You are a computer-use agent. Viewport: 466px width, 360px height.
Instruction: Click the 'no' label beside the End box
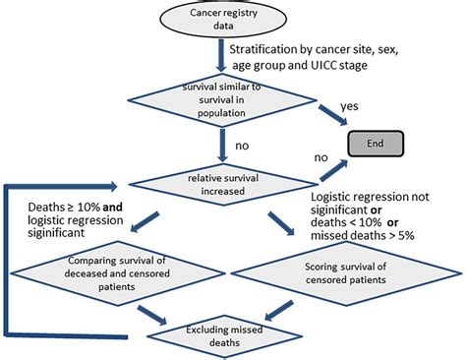point(320,155)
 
